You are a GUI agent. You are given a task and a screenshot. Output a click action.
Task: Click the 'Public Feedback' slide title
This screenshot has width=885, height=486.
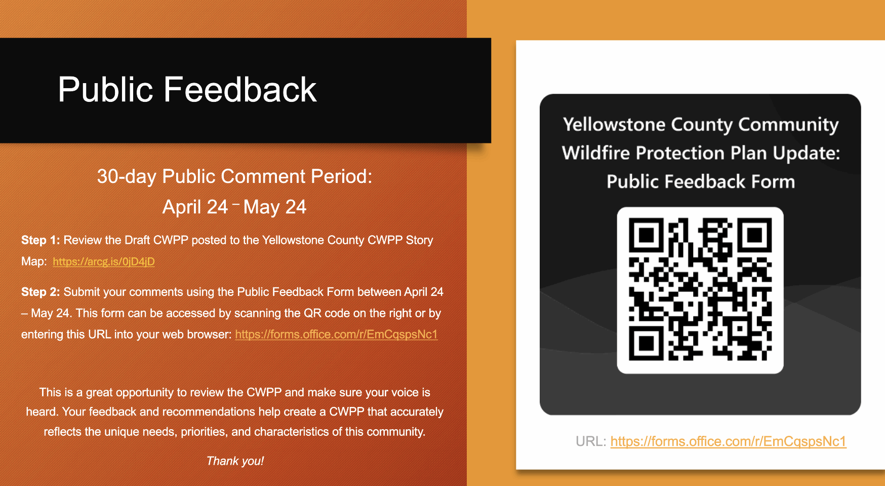(187, 90)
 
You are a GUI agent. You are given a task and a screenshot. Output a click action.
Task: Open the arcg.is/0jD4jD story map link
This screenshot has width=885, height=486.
(104, 261)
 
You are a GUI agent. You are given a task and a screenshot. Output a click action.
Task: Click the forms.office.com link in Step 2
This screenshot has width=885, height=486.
(336, 334)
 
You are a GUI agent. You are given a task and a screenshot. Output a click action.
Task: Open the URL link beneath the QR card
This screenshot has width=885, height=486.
(728, 441)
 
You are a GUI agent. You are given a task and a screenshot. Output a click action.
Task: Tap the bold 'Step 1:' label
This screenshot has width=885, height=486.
(41, 240)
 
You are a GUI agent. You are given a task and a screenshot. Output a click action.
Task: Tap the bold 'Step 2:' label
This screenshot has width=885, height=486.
(41, 292)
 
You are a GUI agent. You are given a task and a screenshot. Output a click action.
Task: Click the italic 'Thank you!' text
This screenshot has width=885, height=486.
(235, 461)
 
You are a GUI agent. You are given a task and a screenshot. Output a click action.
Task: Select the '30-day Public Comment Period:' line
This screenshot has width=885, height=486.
(234, 176)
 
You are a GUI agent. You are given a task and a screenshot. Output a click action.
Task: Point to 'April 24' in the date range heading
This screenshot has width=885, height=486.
(195, 207)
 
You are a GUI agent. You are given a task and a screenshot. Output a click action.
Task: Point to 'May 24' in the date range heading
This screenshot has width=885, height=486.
(275, 207)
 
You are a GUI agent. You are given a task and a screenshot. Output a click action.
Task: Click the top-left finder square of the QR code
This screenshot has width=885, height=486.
(646, 235)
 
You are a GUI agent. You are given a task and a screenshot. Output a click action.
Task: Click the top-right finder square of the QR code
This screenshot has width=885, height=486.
(754, 235)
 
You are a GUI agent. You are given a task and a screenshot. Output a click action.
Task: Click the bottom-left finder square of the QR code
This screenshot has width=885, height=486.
(646, 343)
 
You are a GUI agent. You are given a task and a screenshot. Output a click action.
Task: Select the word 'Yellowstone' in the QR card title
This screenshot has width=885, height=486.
(614, 125)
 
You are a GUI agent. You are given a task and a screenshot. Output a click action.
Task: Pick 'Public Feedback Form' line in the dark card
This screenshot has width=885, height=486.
(701, 181)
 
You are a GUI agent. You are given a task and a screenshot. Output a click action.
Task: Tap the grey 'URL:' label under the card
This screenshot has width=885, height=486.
(591, 441)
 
